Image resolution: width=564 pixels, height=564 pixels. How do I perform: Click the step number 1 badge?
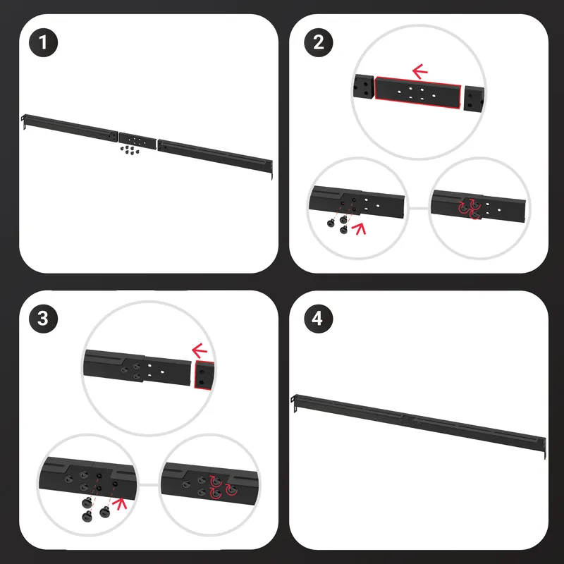(x=43, y=42)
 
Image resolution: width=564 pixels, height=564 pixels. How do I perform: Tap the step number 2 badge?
(x=319, y=42)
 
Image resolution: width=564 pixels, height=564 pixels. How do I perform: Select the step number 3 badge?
(x=43, y=319)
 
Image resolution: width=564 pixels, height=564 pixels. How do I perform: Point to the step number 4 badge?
(x=319, y=319)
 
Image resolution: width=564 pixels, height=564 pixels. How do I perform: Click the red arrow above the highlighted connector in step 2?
(x=419, y=71)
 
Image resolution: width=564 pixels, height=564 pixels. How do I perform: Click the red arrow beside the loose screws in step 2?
(x=359, y=228)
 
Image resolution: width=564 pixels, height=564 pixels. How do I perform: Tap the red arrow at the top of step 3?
(x=200, y=350)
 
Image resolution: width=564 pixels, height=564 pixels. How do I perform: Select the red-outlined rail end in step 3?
(x=204, y=375)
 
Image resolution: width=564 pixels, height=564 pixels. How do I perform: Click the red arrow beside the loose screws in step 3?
(x=119, y=503)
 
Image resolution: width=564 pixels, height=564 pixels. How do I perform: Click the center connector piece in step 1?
(x=137, y=140)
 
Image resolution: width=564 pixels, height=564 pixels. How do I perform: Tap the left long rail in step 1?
(x=70, y=128)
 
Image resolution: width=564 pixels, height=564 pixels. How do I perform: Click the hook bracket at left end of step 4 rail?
(x=294, y=402)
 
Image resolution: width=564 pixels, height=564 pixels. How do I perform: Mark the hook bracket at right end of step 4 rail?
(x=544, y=448)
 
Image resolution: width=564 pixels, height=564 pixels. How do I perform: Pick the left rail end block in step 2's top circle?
(x=363, y=86)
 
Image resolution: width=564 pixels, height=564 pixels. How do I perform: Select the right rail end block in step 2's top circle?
(x=474, y=98)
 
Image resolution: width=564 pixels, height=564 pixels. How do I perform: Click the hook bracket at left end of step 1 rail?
(x=24, y=121)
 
